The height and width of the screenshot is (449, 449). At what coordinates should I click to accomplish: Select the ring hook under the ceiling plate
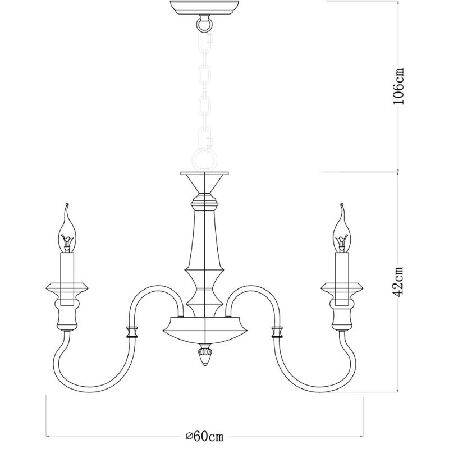205,24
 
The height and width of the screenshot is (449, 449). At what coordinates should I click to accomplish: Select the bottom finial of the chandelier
205,356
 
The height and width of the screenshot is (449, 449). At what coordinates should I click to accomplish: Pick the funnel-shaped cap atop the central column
205,182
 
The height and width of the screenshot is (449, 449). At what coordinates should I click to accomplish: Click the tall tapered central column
205,236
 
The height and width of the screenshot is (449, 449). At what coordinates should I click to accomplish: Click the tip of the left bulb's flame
67,204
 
